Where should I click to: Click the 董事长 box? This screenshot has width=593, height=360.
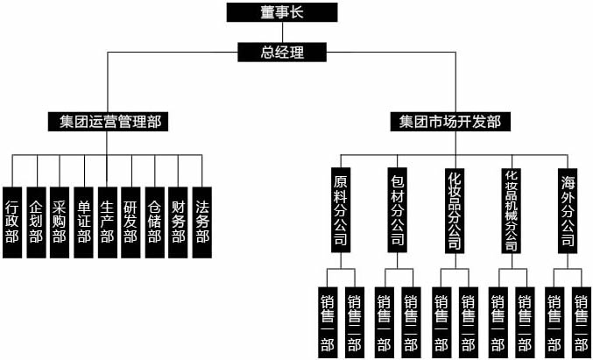coord(281,11)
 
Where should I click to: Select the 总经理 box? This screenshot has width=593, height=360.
coord(282,53)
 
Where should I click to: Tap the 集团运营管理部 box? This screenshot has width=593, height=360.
coord(108,121)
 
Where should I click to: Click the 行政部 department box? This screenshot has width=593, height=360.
coord(12,222)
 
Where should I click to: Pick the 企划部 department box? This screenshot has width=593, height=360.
coord(36,222)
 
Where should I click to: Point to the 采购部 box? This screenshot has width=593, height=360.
coord(60,222)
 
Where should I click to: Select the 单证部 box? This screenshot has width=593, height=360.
coord(83,222)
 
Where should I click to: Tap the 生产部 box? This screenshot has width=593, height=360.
coord(107,222)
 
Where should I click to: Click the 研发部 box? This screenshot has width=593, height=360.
coord(131,222)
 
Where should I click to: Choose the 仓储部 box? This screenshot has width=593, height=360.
coord(154,222)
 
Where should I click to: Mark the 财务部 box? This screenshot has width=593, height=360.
coord(178,222)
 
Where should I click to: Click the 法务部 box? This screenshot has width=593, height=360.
coord(201,222)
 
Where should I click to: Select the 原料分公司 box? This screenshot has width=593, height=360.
coord(341,209)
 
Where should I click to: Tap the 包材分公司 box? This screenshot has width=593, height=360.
coord(397,209)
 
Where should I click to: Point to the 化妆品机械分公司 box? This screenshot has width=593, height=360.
coord(512,209)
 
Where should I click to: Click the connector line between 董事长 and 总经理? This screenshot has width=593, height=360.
coord(281,32)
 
